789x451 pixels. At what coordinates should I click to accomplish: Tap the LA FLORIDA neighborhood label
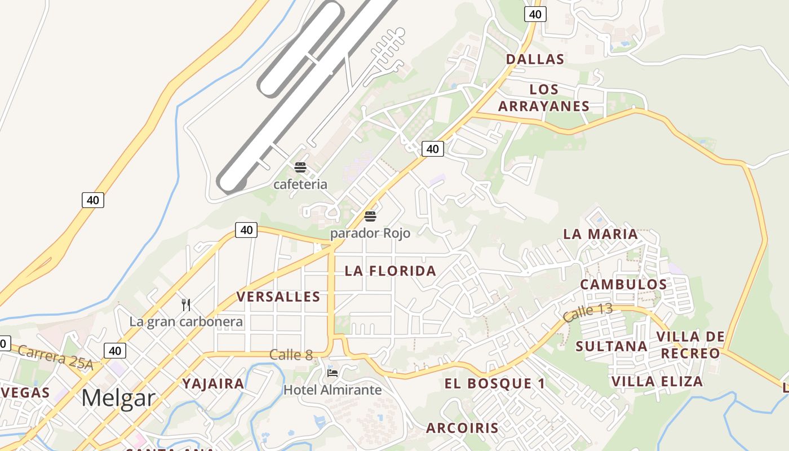point(390,271)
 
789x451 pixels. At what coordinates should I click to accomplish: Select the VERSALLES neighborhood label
point(278,297)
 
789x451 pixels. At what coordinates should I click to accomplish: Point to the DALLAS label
point(535,59)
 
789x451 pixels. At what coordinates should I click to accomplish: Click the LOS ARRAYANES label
point(544,98)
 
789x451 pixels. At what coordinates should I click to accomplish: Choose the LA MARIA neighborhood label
point(601,233)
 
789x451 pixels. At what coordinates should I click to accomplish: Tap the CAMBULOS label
point(624,284)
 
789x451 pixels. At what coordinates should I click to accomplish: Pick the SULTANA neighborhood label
point(611,346)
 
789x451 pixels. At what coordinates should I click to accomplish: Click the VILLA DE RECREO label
point(690,345)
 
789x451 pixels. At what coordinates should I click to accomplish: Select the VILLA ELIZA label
point(657,382)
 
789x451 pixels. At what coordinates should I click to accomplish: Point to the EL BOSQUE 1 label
point(495,384)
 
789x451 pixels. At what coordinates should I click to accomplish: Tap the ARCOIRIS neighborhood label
point(462,428)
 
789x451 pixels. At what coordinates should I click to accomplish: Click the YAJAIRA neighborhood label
point(213,384)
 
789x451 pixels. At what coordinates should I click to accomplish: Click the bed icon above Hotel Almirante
point(332,373)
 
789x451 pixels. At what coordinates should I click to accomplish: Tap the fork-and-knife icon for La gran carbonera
point(186,305)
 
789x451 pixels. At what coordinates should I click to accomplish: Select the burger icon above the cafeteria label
point(300,167)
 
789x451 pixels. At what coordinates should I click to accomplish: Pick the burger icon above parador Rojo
point(370,216)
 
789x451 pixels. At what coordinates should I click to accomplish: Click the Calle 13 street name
point(587,312)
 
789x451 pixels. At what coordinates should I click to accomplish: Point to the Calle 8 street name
point(291,355)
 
